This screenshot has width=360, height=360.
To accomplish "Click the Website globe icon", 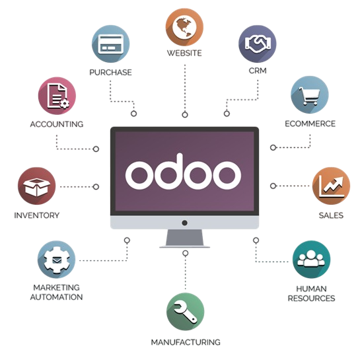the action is click(184, 27).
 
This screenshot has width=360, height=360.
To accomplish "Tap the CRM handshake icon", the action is click(258, 44).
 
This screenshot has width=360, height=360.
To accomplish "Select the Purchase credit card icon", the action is click(111, 44).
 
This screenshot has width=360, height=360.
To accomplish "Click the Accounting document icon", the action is click(57, 96).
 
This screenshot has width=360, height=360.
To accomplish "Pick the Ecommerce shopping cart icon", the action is click(310, 95).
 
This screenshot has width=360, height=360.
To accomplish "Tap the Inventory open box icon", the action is click(37, 186).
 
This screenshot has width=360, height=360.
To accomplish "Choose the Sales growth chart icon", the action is click(332, 186).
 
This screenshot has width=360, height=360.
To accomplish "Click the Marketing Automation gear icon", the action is click(57, 260).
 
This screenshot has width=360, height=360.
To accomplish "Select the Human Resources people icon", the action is click(312, 260).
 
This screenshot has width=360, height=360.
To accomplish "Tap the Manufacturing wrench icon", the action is click(185, 312).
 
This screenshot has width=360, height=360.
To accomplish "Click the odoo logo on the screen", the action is click(183, 172).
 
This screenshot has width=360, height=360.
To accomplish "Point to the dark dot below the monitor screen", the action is click(184, 223).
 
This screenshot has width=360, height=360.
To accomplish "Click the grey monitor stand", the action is click(184, 238).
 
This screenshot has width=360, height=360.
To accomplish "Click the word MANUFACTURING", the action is click(186, 342).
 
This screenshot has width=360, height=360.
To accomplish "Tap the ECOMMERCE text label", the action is click(310, 124).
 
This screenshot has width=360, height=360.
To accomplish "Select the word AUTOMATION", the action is click(57, 297).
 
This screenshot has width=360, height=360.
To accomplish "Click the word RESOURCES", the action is click(312, 299).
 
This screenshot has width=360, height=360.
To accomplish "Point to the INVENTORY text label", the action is click(37, 215).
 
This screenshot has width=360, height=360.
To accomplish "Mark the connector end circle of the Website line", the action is click(185, 114).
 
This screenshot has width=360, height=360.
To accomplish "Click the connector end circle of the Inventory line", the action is click(96, 187).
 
